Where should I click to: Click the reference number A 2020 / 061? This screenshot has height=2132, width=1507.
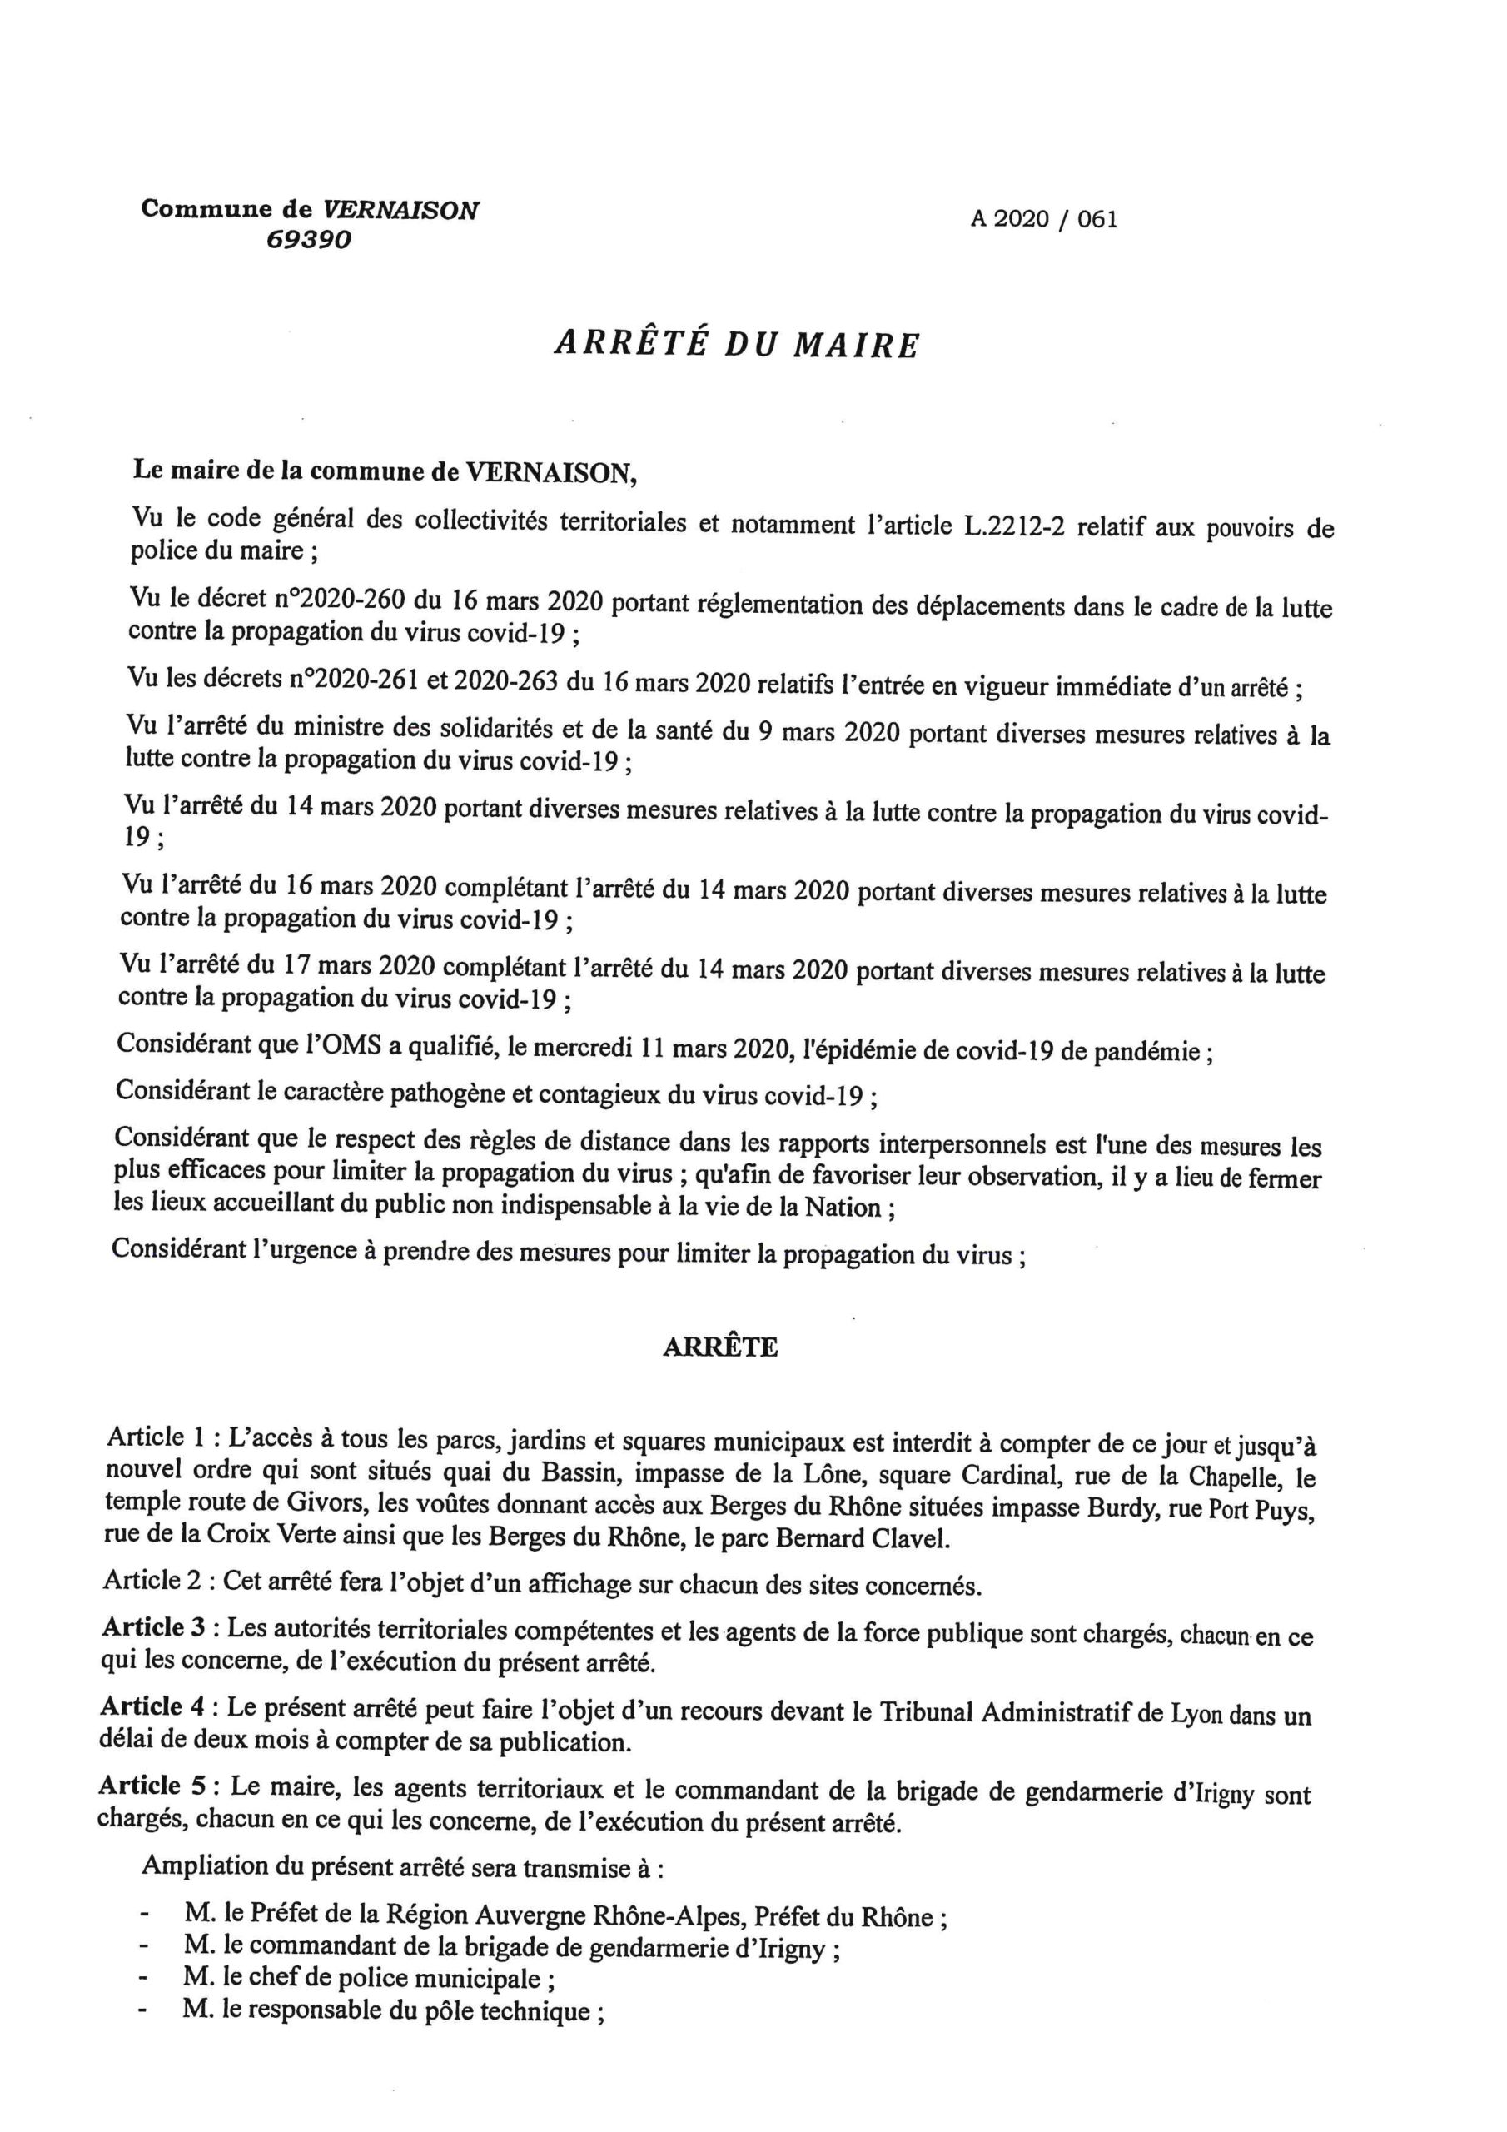coord(1044,219)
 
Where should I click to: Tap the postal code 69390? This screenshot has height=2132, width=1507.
coord(309,240)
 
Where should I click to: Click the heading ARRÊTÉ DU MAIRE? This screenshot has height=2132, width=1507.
coord(736,345)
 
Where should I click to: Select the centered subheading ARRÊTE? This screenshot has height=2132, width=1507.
coord(720,1347)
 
